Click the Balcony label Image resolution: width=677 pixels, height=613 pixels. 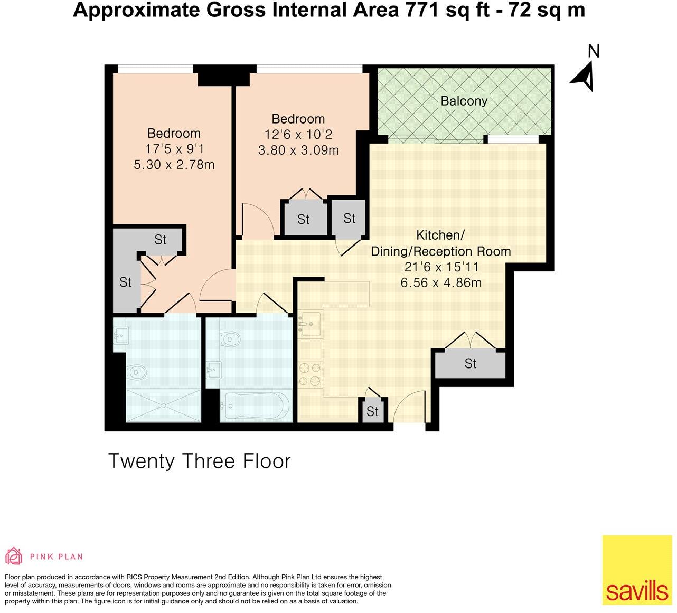point(464,101)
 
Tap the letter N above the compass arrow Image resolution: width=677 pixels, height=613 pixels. point(594,51)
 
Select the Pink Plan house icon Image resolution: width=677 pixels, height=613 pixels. point(14,556)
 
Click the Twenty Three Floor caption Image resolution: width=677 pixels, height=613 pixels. point(199,461)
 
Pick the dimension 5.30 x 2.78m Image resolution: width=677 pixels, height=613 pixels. point(174,165)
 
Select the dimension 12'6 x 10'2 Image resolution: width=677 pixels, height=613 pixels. point(298,135)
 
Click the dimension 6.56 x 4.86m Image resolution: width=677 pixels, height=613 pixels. point(441,282)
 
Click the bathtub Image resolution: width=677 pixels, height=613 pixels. point(256,405)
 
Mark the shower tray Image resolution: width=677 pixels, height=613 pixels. point(164,405)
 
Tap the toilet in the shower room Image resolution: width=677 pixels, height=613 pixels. point(137,373)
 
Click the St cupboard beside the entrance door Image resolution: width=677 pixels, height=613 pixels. point(372,411)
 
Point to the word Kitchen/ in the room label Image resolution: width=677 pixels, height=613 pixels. point(440,234)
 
